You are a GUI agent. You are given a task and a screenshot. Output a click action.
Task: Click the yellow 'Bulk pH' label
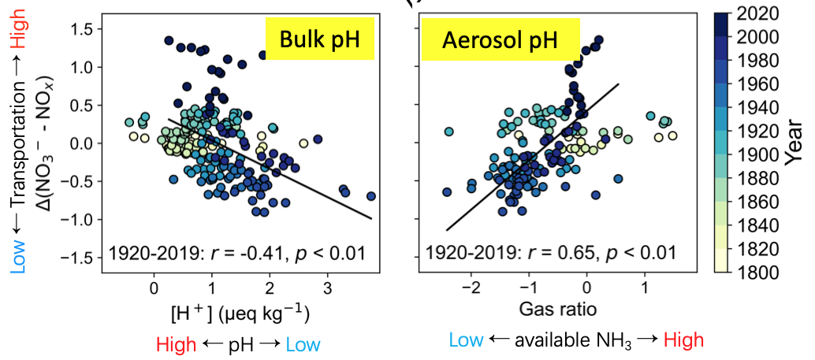pos(318,42)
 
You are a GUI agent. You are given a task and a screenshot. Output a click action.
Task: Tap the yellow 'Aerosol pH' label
pos(501,42)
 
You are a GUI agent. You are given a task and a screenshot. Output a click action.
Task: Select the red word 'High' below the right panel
pos(683,340)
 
